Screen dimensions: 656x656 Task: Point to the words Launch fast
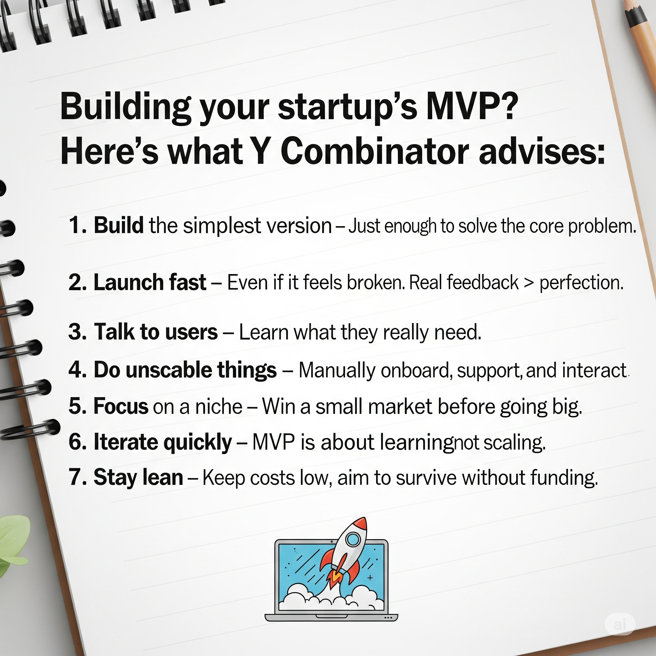tap(150, 282)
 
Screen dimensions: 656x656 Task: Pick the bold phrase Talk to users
tap(155, 332)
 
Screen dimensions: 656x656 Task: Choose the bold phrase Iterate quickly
tap(163, 442)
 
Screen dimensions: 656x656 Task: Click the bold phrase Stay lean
tap(138, 477)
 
